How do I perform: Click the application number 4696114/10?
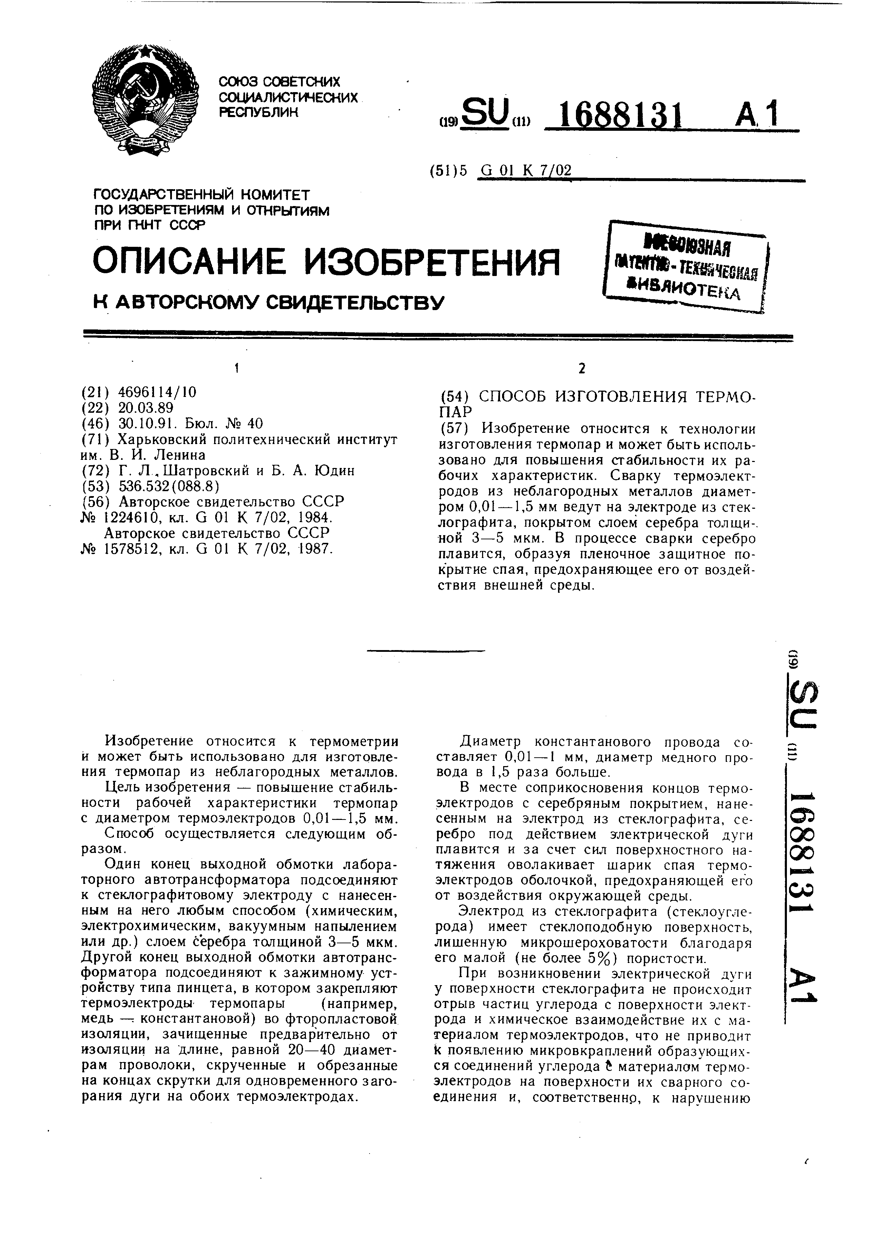pyautogui.click(x=157, y=393)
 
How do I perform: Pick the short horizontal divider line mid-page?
pyautogui.click(x=425, y=651)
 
